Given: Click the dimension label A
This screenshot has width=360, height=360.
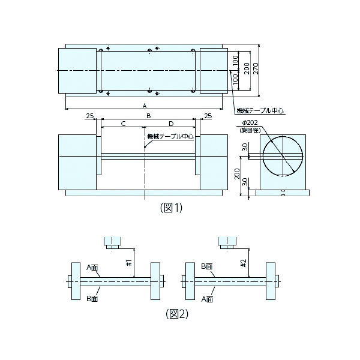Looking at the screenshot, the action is (145, 106).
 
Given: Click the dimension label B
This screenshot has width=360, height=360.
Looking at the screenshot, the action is (149, 116).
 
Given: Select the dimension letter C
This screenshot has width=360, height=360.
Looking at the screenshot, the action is (123, 124).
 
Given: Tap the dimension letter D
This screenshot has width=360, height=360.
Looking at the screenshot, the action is (171, 124).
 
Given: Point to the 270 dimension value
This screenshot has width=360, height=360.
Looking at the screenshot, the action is (256, 68).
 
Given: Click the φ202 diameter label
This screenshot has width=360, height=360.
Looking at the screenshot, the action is (250, 122).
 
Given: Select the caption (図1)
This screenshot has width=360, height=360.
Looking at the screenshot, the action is (171, 208).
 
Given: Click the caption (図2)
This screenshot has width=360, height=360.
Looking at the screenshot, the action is (177, 314).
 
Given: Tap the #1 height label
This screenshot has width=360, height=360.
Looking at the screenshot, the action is (129, 263).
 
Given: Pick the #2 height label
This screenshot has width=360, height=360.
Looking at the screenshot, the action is (244, 263).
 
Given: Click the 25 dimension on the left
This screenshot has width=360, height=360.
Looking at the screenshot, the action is (90, 116).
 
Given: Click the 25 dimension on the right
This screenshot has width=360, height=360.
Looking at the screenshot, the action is (208, 116).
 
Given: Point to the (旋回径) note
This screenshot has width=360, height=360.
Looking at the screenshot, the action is (250, 130).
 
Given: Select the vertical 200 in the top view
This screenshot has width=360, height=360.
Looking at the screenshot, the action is (247, 68).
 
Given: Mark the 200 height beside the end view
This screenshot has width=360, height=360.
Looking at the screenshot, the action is (237, 174).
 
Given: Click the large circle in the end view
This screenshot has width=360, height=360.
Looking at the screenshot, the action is (283, 157).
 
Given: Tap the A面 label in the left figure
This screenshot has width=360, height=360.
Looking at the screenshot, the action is (92, 267).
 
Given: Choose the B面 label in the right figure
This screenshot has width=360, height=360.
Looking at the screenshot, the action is (207, 266).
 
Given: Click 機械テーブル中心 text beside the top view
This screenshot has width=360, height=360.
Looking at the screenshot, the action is (260, 110).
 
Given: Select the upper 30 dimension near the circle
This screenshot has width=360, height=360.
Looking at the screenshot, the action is (245, 147).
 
